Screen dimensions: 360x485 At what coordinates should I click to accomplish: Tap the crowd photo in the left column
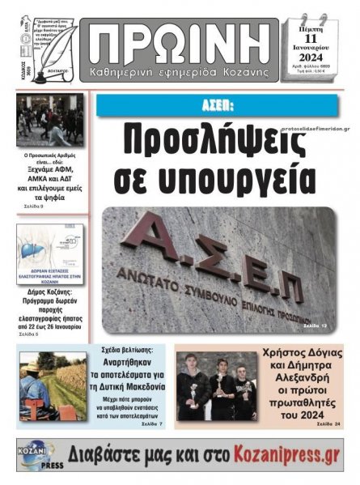pyautogui.click(x=52, y=120)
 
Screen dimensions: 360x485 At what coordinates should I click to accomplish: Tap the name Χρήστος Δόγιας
pyautogui.click(x=303, y=352)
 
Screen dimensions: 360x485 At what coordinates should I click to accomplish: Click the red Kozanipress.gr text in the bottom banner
pyautogui.click(x=279, y=454)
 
